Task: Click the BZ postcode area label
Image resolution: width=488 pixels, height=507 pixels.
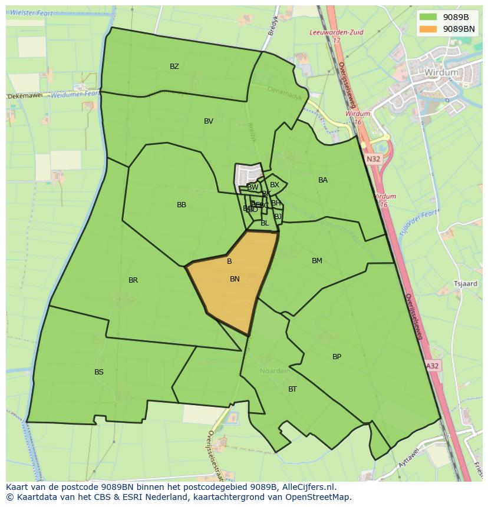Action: coord(174,67)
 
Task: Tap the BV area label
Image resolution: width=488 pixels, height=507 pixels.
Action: coord(209,121)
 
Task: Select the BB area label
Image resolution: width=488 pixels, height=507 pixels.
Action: coord(182,205)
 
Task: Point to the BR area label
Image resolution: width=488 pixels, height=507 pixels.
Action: coord(133,280)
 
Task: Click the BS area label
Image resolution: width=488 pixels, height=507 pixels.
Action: coord(99,372)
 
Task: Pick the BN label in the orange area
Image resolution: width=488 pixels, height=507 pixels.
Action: coord(235,279)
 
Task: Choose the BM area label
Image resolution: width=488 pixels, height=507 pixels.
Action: coord(317,261)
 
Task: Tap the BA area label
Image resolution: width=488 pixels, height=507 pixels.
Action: coord(323,180)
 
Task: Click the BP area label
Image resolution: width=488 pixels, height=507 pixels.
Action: coord(337,357)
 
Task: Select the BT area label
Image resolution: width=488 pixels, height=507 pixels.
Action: coord(292,389)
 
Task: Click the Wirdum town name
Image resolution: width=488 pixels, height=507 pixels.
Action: coord(441,72)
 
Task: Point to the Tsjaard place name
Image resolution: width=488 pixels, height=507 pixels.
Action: coord(466,284)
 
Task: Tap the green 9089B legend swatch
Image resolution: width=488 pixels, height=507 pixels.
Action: coord(428,17)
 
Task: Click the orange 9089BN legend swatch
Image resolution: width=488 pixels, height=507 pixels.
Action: coord(428,28)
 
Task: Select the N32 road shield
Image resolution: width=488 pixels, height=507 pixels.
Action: coord(373,159)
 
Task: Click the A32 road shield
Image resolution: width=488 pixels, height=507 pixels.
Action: coord(433,366)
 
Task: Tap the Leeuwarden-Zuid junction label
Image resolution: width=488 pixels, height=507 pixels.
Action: coord(337,33)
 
